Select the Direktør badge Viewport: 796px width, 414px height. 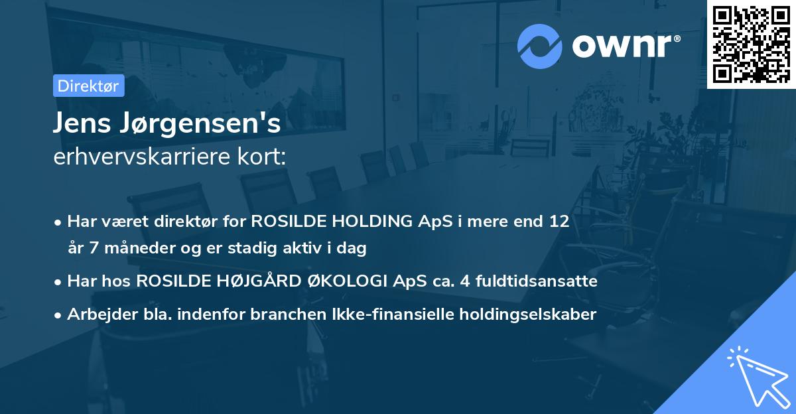pos(88,86)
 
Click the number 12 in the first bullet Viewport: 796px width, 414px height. pos(558,222)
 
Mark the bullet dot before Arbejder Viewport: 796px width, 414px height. pos(59,314)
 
